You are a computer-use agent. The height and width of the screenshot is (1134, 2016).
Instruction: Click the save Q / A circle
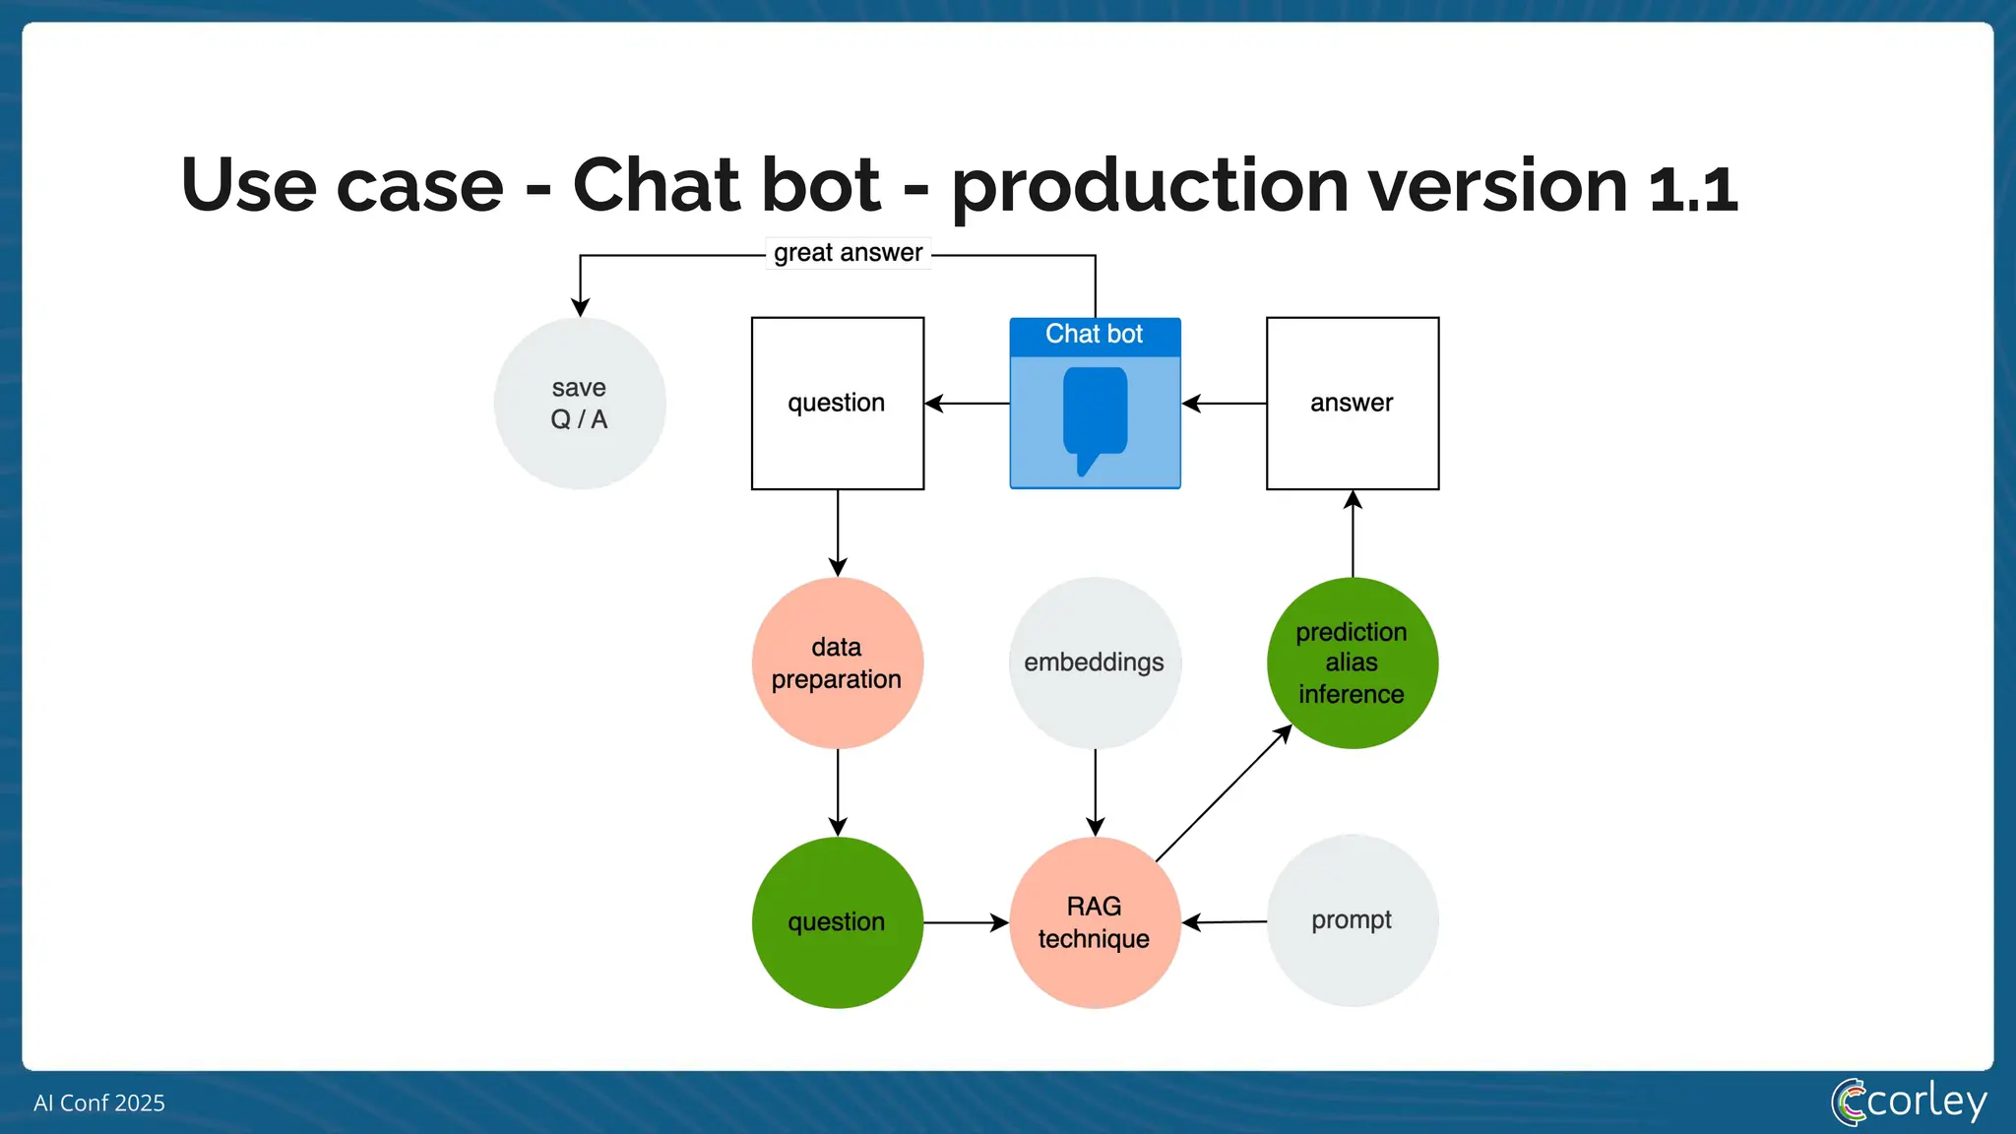(x=580, y=404)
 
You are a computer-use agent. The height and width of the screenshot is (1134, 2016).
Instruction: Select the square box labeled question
(x=838, y=404)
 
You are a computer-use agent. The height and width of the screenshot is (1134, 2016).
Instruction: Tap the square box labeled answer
(x=1353, y=404)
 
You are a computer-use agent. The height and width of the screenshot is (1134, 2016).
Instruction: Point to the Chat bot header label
(x=1095, y=335)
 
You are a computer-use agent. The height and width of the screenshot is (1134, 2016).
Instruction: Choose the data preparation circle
(x=838, y=662)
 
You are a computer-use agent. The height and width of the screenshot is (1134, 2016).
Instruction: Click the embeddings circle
(x=1095, y=662)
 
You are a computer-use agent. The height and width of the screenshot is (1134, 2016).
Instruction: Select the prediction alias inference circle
(x=1353, y=662)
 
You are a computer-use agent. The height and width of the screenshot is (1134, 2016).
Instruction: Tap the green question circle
(x=838, y=922)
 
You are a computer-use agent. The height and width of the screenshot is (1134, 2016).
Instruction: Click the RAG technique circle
(x=1095, y=922)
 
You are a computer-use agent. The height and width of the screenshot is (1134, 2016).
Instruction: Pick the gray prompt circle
(x=1353, y=920)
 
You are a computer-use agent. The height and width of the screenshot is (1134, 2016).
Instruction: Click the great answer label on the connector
(x=849, y=253)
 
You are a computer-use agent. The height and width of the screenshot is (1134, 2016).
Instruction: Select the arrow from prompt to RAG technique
(x=1225, y=922)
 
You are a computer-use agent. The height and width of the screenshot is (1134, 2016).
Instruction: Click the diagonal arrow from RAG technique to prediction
(x=1224, y=793)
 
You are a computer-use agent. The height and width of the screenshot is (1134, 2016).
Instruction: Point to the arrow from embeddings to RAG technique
(x=1096, y=792)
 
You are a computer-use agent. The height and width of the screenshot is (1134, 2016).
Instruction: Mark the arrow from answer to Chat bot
(x=1224, y=404)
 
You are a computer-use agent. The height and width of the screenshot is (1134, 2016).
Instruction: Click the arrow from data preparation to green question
(x=838, y=792)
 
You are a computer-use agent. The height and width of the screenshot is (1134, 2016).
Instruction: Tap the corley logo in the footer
(x=1909, y=1102)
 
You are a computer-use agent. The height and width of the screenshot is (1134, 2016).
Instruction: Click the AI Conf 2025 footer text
(x=99, y=1103)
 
